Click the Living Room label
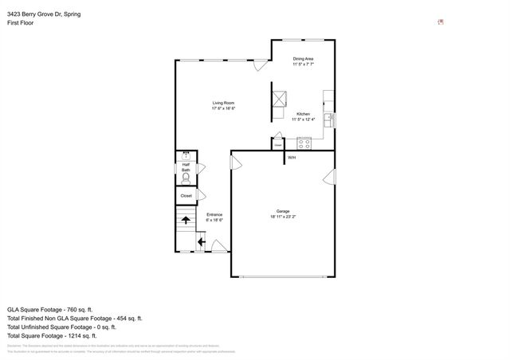[x=223, y=105]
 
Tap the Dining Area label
[x=303, y=61]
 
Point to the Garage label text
[x=283, y=213]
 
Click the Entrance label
[x=214, y=217]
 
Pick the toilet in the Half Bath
[x=186, y=178]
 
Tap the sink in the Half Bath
[x=186, y=156]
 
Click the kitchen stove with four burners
[x=304, y=143]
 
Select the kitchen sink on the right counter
[x=328, y=119]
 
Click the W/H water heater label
[x=292, y=158]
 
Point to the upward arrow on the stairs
[x=186, y=221]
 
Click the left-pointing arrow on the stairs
[x=201, y=242]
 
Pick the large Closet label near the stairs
[x=186, y=195]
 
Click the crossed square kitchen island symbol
[x=278, y=99]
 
